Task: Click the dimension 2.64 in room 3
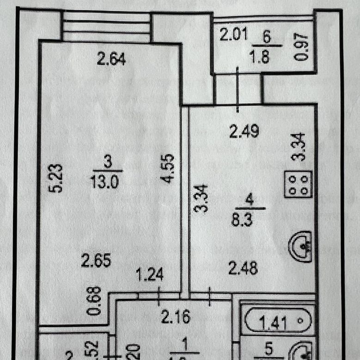coord(111,59)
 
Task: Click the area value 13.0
coord(106,181)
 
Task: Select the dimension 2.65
coord(96,261)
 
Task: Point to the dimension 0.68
coord(95,301)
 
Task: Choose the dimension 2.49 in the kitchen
coord(244,132)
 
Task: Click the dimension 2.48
coord(243,267)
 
